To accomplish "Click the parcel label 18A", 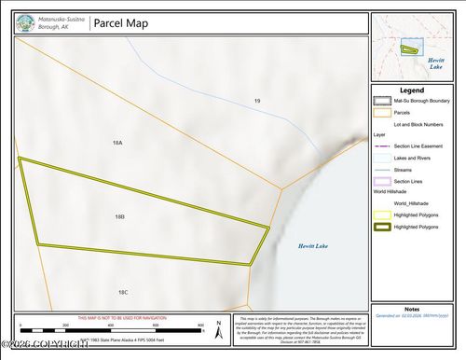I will [x=117, y=143].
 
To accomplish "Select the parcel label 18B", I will [x=120, y=216].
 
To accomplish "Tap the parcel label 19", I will [x=256, y=100].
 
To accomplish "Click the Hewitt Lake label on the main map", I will [x=313, y=246].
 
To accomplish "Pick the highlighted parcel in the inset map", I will [x=408, y=49].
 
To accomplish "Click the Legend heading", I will [x=411, y=90].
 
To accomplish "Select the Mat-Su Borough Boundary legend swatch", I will [x=380, y=103].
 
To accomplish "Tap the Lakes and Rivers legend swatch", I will [x=380, y=159].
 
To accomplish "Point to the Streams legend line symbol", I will [x=380, y=170].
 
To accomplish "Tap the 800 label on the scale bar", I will [x=201, y=325].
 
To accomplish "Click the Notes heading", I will [x=411, y=309].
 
